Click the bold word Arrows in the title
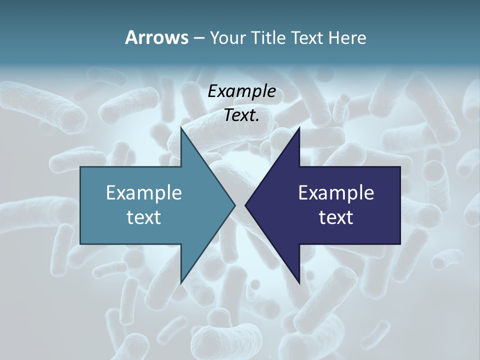156,37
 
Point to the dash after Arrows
198,38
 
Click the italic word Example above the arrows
242,91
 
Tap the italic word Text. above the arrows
242,115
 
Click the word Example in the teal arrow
144,193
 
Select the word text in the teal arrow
144,217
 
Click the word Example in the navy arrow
336,193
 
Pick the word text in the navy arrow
336,217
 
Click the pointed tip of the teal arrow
235,205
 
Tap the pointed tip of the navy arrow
245,205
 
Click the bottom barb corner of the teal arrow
181,283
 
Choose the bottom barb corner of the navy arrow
299,283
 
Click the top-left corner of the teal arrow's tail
80,167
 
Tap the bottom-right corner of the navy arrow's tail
400,243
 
